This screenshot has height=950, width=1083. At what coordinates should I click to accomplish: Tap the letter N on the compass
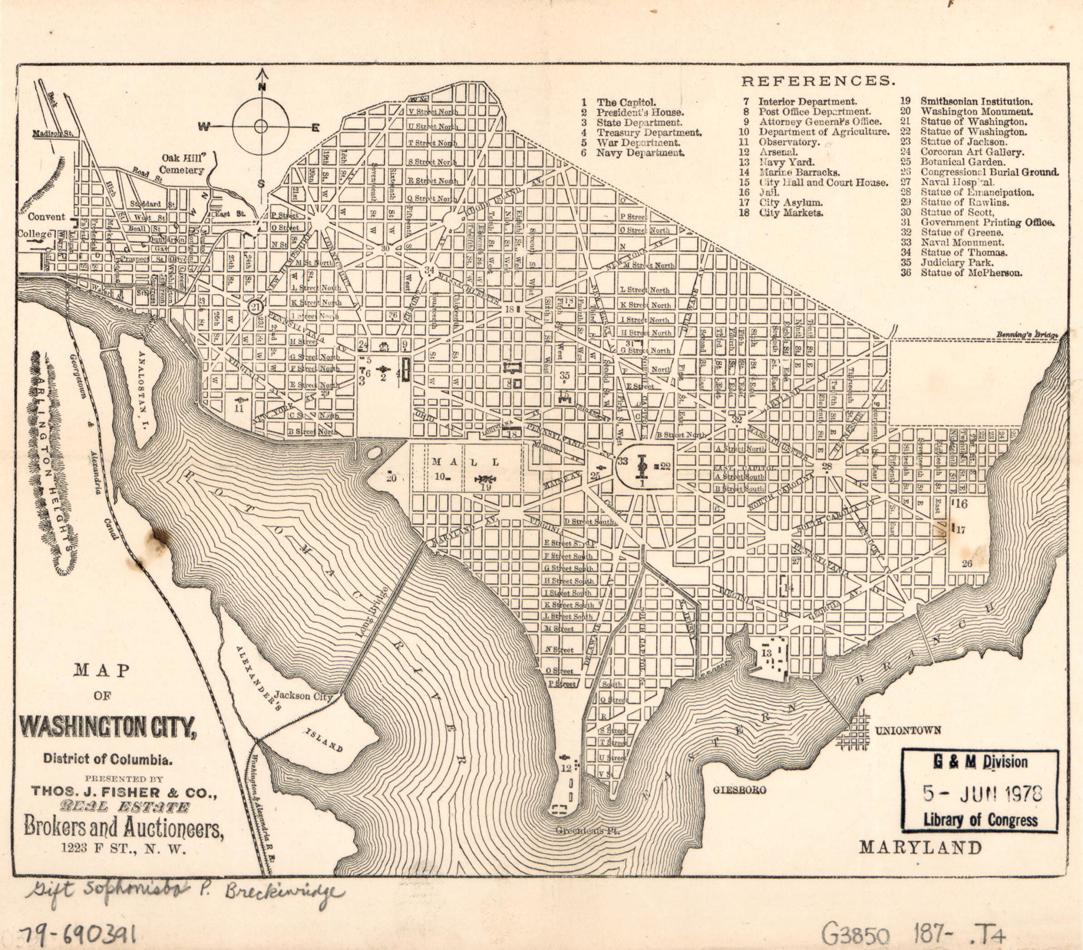click(x=261, y=88)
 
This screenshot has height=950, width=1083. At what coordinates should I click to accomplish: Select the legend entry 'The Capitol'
click(x=626, y=102)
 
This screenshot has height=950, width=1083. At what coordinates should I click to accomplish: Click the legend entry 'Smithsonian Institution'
click(x=976, y=101)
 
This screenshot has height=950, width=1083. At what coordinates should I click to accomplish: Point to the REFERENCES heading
click(x=818, y=81)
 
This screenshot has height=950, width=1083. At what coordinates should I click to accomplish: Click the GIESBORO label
click(x=740, y=790)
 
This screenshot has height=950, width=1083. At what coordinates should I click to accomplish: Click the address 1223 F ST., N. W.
click(x=123, y=848)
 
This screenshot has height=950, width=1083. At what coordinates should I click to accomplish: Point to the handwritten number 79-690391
click(x=78, y=935)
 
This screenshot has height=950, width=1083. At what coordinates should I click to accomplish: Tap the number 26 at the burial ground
click(x=966, y=563)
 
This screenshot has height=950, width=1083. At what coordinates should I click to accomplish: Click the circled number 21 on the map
click(x=256, y=307)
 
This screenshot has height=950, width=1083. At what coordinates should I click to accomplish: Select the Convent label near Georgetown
click(x=47, y=217)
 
